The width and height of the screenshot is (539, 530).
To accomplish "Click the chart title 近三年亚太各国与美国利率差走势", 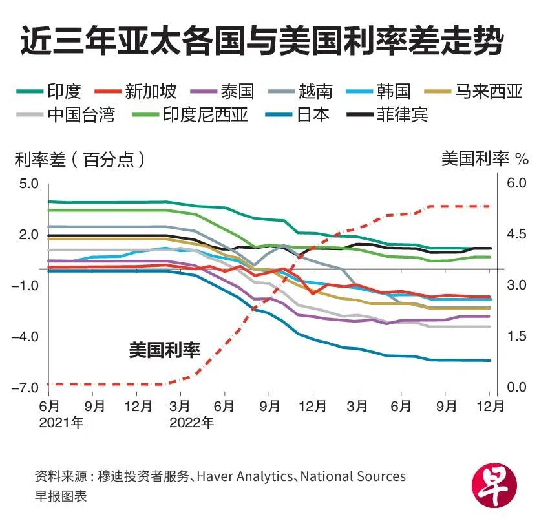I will (x=261, y=43).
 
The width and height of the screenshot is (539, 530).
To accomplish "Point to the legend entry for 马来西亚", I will (x=488, y=92).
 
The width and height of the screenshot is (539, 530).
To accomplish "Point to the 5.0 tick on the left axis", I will (x=29, y=184).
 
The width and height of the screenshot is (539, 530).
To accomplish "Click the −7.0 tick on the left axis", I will (x=26, y=387).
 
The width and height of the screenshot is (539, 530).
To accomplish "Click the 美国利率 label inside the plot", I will (x=164, y=350).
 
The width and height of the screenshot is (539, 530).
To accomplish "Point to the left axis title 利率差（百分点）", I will (x=79, y=158).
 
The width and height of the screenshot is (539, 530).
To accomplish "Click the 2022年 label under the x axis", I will (x=191, y=423).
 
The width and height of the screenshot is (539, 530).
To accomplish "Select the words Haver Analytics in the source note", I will (x=245, y=476).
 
